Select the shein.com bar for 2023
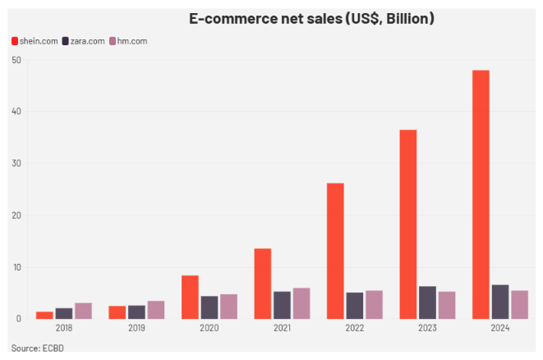pos(407,224)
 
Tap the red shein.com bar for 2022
pos(335,251)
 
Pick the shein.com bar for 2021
pos(262,284)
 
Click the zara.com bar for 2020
pos(209,307)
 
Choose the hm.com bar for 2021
pos(301,303)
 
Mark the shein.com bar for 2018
pos(44,315)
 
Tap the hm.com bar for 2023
pos(446,305)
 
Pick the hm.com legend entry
pos(128,41)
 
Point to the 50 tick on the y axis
pos(16,60)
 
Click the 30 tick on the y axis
pos(16,164)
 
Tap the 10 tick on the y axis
pos(16,267)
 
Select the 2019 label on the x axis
pos(136,329)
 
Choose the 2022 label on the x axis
pos(354,329)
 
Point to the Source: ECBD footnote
pos(37,348)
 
